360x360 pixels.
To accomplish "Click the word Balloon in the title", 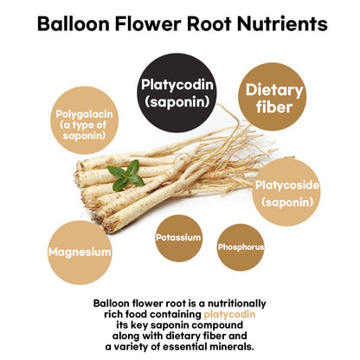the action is (74, 23).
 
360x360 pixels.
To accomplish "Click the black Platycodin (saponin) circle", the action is (177, 93).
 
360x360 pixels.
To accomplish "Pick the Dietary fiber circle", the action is (273, 97).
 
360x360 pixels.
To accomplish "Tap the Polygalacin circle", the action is (84, 120).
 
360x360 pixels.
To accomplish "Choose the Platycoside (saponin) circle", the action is (286, 192).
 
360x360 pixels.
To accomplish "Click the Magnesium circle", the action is (80, 253).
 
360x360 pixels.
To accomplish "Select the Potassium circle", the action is (179, 238).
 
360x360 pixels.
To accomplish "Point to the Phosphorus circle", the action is (241, 247).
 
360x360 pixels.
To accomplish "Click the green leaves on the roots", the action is (126, 175).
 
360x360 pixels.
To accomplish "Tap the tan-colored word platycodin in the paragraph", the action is (229, 314).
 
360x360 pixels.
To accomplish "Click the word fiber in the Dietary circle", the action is (274, 107).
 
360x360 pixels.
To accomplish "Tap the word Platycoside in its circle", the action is (287, 185).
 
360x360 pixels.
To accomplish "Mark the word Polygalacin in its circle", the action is (84, 114).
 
